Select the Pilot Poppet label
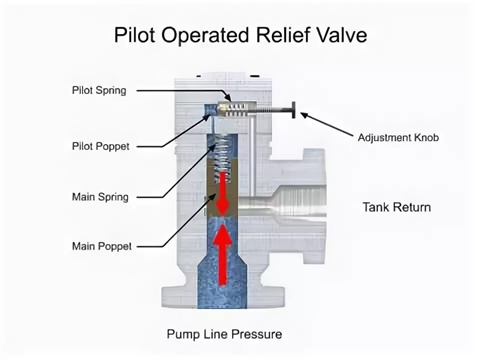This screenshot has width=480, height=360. (x=100, y=146)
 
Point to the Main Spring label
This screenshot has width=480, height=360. (x=100, y=196)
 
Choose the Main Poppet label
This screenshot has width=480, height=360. (x=101, y=246)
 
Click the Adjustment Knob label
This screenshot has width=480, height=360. (x=398, y=137)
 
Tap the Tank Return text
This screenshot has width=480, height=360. (x=396, y=207)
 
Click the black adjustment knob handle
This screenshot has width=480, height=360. (x=291, y=109)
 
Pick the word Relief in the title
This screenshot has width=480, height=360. (x=287, y=35)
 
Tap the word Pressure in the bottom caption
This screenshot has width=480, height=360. (x=259, y=334)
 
